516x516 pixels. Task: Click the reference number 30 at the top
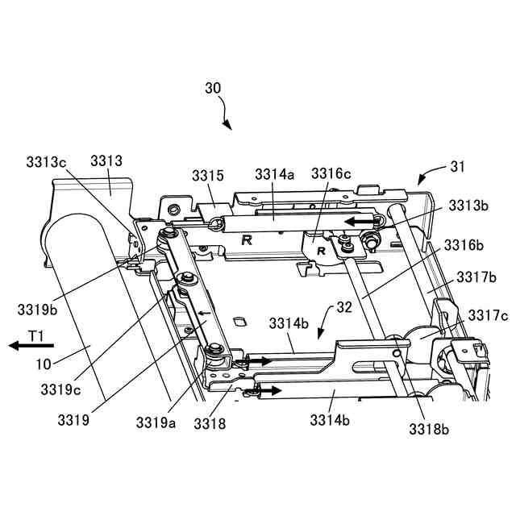(214, 88)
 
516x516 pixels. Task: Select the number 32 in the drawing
(344, 307)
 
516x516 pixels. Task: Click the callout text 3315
(208, 175)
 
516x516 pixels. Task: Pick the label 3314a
(274, 174)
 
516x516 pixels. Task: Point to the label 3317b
(476, 277)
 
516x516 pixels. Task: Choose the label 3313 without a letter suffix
(106, 162)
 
